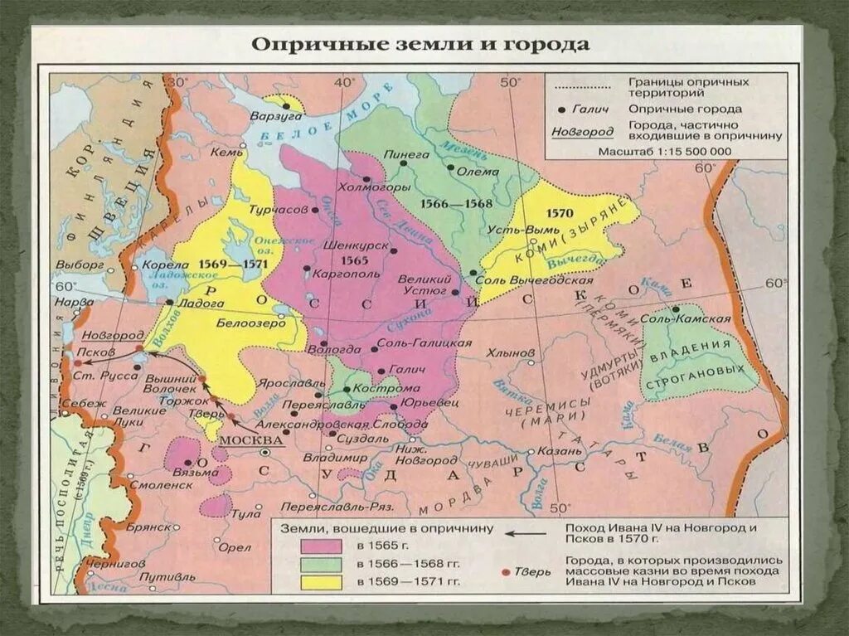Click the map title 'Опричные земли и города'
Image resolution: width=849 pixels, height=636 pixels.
click(420, 44)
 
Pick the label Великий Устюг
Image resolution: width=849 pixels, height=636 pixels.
click(424, 286)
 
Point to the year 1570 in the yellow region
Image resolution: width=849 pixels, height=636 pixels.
click(559, 212)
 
